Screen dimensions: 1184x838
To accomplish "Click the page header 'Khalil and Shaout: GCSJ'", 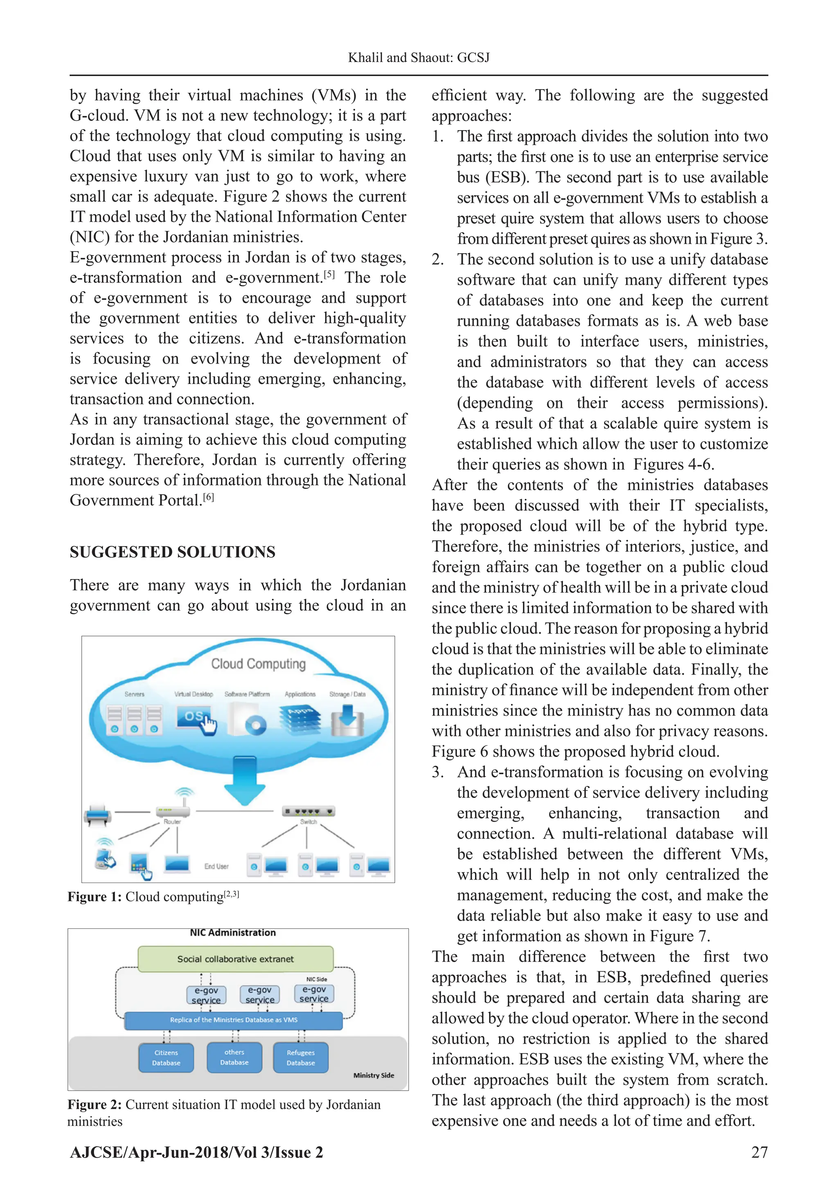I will pos(419,57).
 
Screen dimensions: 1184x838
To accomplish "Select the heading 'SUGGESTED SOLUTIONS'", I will pos(172,552).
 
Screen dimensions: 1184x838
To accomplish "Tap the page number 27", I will pos(759,1152).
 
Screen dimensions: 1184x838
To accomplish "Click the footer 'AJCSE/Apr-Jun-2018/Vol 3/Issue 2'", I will pos(196,1152).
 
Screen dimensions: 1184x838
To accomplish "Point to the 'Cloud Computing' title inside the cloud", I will pos(258,664).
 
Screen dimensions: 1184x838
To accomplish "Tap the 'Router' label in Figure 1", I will pos(172,822).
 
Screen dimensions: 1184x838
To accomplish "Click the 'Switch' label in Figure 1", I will pos(308,822).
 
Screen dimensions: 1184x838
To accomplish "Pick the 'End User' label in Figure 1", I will pos(216,866).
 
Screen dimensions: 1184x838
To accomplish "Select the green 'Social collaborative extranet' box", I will pos(235,959).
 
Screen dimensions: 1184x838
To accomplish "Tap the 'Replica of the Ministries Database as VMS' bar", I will pos(233,1020).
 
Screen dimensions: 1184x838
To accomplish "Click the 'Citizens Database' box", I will pos(166,1058).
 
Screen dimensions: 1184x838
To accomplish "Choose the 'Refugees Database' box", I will pos(300,1058).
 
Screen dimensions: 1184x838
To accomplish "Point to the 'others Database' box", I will pos(234,1057).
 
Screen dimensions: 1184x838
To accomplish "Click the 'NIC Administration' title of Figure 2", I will pos(233,932).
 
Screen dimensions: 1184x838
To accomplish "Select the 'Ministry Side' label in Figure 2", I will pos(374,1075).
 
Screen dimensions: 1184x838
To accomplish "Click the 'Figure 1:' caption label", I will pos(95,897).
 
